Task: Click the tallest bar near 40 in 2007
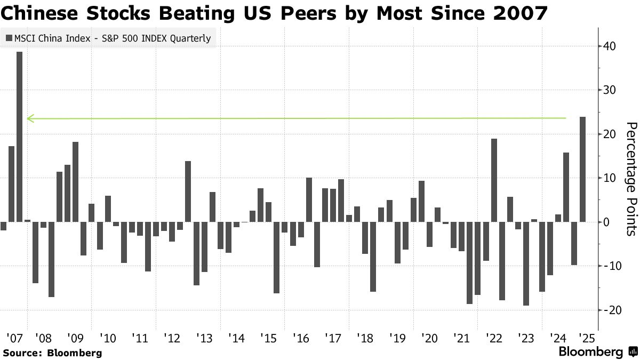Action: click(x=19, y=144)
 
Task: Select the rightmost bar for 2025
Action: click(x=582, y=176)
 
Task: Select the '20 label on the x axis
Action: click(x=429, y=338)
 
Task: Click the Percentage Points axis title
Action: click(x=630, y=179)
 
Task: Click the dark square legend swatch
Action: click(x=9, y=38)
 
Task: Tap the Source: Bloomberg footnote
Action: click(x=52, y=353)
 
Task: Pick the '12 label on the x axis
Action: click(x=172, y=338)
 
